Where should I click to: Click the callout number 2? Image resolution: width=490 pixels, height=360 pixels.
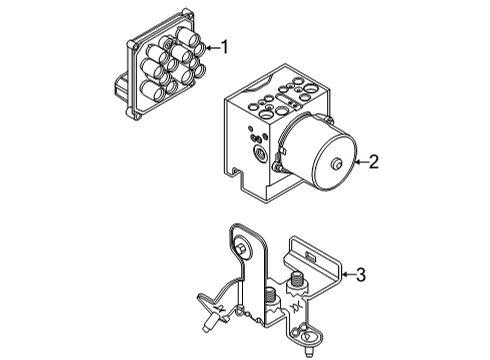[x=372, y=161]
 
